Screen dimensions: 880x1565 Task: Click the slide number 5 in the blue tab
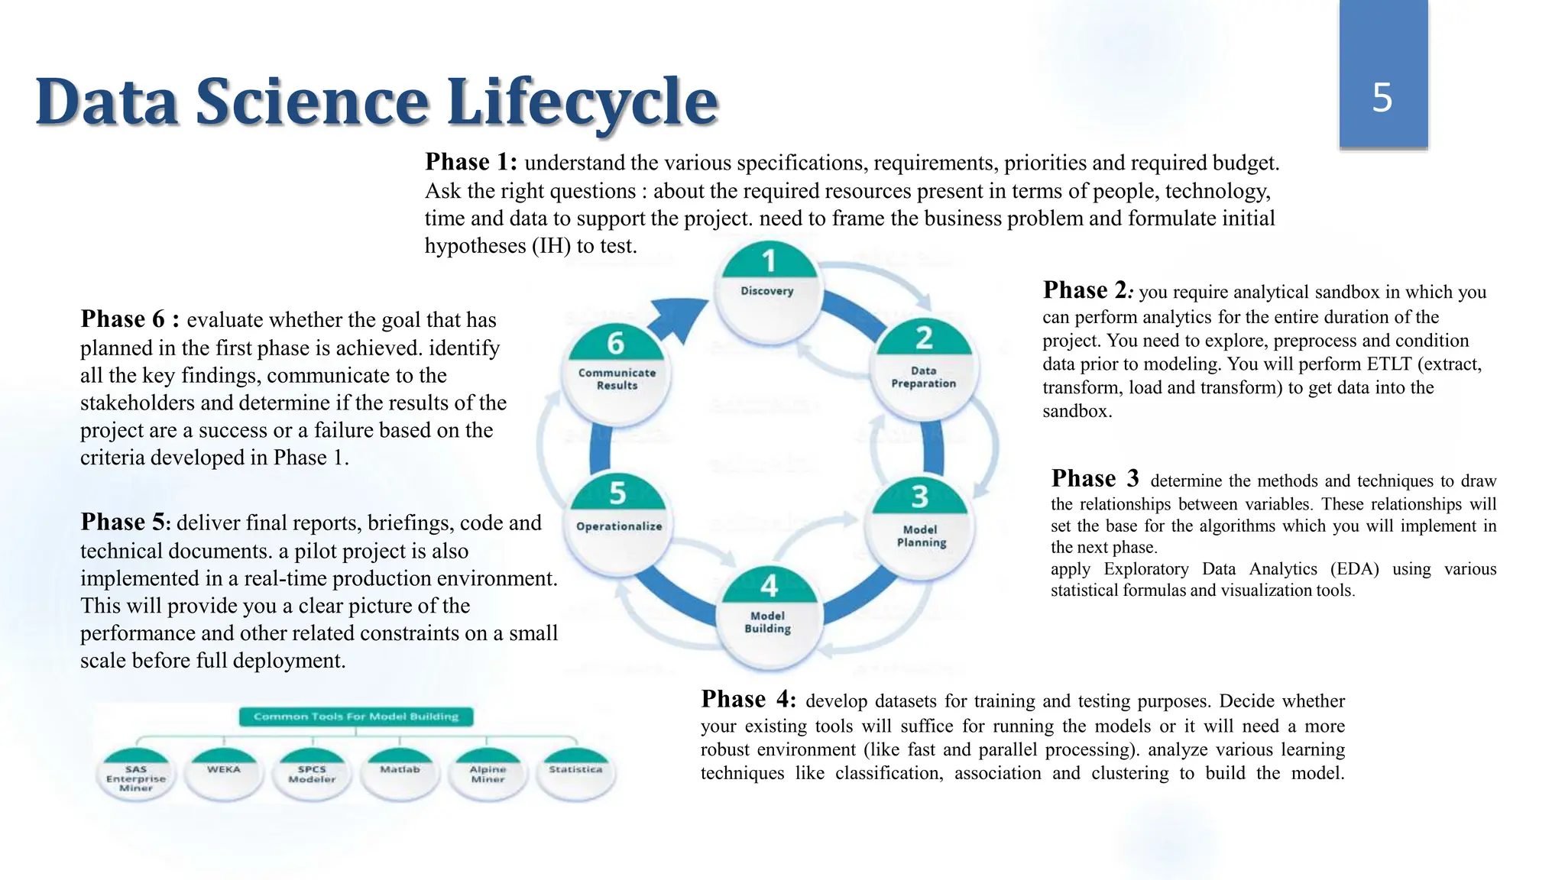point(1382,98)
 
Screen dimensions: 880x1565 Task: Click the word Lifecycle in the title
point(582,102)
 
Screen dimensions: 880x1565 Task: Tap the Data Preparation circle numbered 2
point(924,370)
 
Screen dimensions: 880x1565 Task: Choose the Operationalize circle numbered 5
point(618,519)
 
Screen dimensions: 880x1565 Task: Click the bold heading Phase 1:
point(471,162)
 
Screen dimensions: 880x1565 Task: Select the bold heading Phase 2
point(1086,290)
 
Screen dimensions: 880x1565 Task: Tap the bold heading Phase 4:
point(748,699)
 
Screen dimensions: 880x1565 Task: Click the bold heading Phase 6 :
point(130,319)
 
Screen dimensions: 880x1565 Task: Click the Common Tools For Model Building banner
point(356,717)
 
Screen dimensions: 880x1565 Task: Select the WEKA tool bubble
point(224,773)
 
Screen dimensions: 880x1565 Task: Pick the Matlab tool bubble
point(400,773)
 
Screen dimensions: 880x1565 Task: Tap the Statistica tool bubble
point(575,773)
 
